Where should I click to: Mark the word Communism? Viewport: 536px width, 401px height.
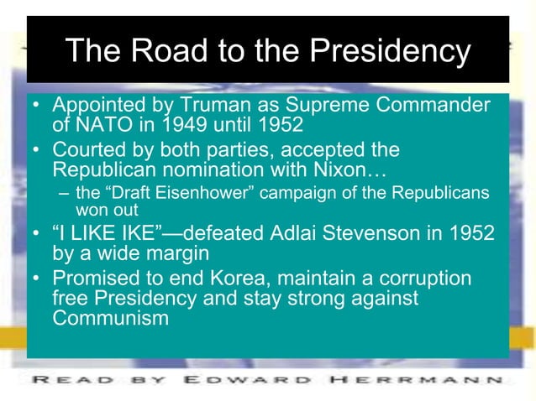[112, 318]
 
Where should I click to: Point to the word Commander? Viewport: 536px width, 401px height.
[436, 107]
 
